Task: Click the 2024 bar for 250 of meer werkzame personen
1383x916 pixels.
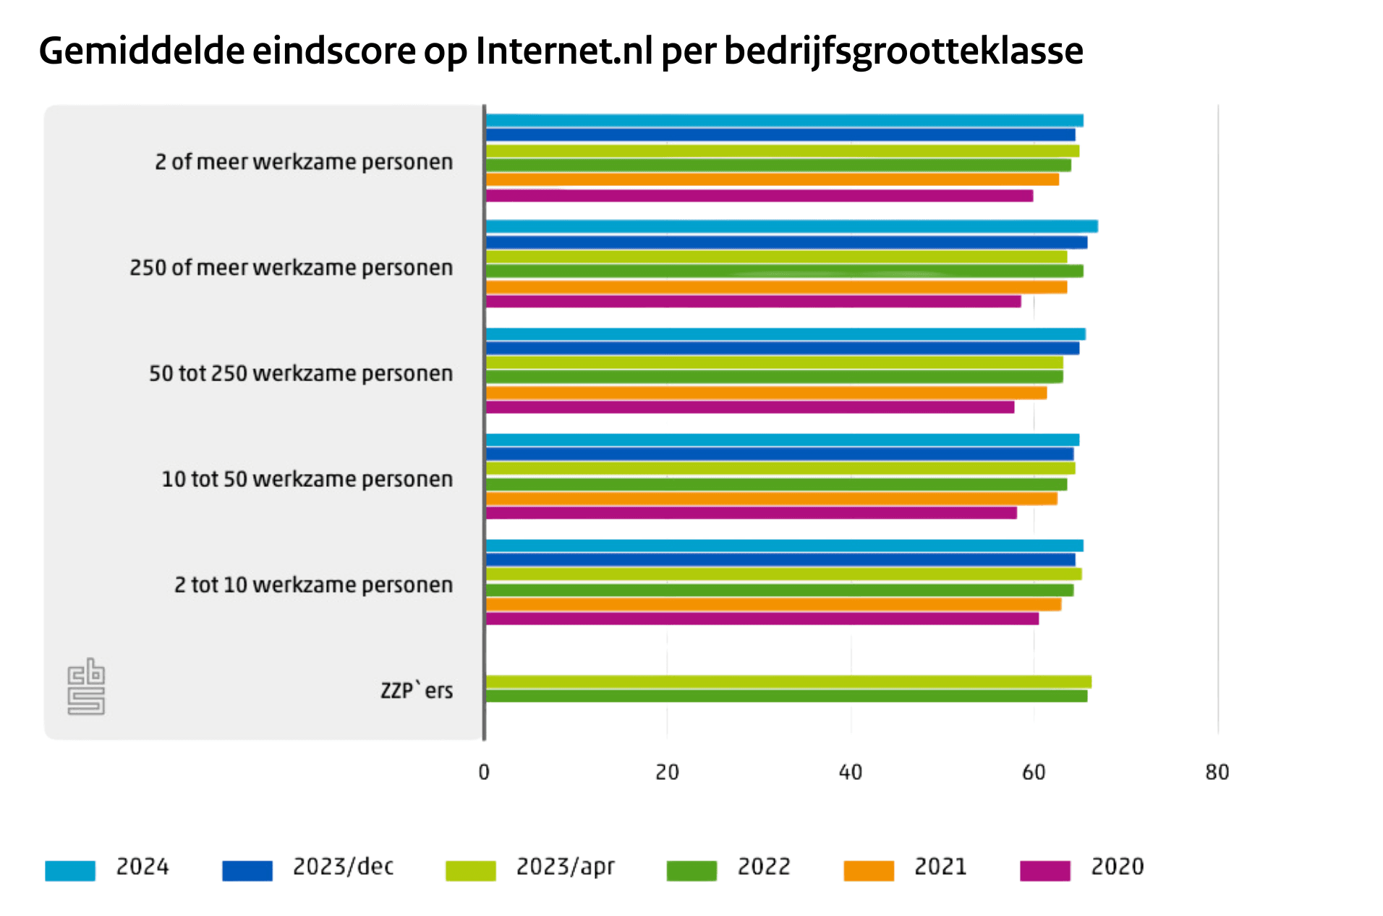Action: [x=791, y=226]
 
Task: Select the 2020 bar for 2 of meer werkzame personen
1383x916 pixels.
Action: [x=759, y=195]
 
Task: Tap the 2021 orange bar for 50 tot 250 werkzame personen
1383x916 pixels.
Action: [x=766, y=393]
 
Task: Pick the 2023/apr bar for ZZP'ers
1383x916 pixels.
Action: [x=788, y=682]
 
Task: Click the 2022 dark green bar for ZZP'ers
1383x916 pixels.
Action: [x=786, y=696]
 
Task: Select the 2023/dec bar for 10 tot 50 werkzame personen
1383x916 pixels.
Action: [x=780, y=454]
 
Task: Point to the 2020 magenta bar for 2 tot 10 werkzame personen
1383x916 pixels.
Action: [x=762, y=619]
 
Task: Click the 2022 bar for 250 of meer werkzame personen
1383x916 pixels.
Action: [x=784, y=271]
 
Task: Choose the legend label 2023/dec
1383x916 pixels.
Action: [x=343, y=867]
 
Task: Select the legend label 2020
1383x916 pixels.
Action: [x=1117, y=867]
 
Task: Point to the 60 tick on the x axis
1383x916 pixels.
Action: [x=1034, y=773]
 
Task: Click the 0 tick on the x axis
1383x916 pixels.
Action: [x=484, y=773]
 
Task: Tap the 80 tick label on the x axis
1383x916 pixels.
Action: [x=1217, y=773]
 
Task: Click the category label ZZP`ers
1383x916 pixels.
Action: [x=417, y=690]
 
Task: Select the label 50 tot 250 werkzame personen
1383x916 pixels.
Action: [x=301, y=373]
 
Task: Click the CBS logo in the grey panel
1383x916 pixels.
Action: [x=86, y=686]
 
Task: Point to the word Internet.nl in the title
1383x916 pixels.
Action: [x=563, y=51]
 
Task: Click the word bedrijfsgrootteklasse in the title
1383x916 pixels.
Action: [x=903, y=51]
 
